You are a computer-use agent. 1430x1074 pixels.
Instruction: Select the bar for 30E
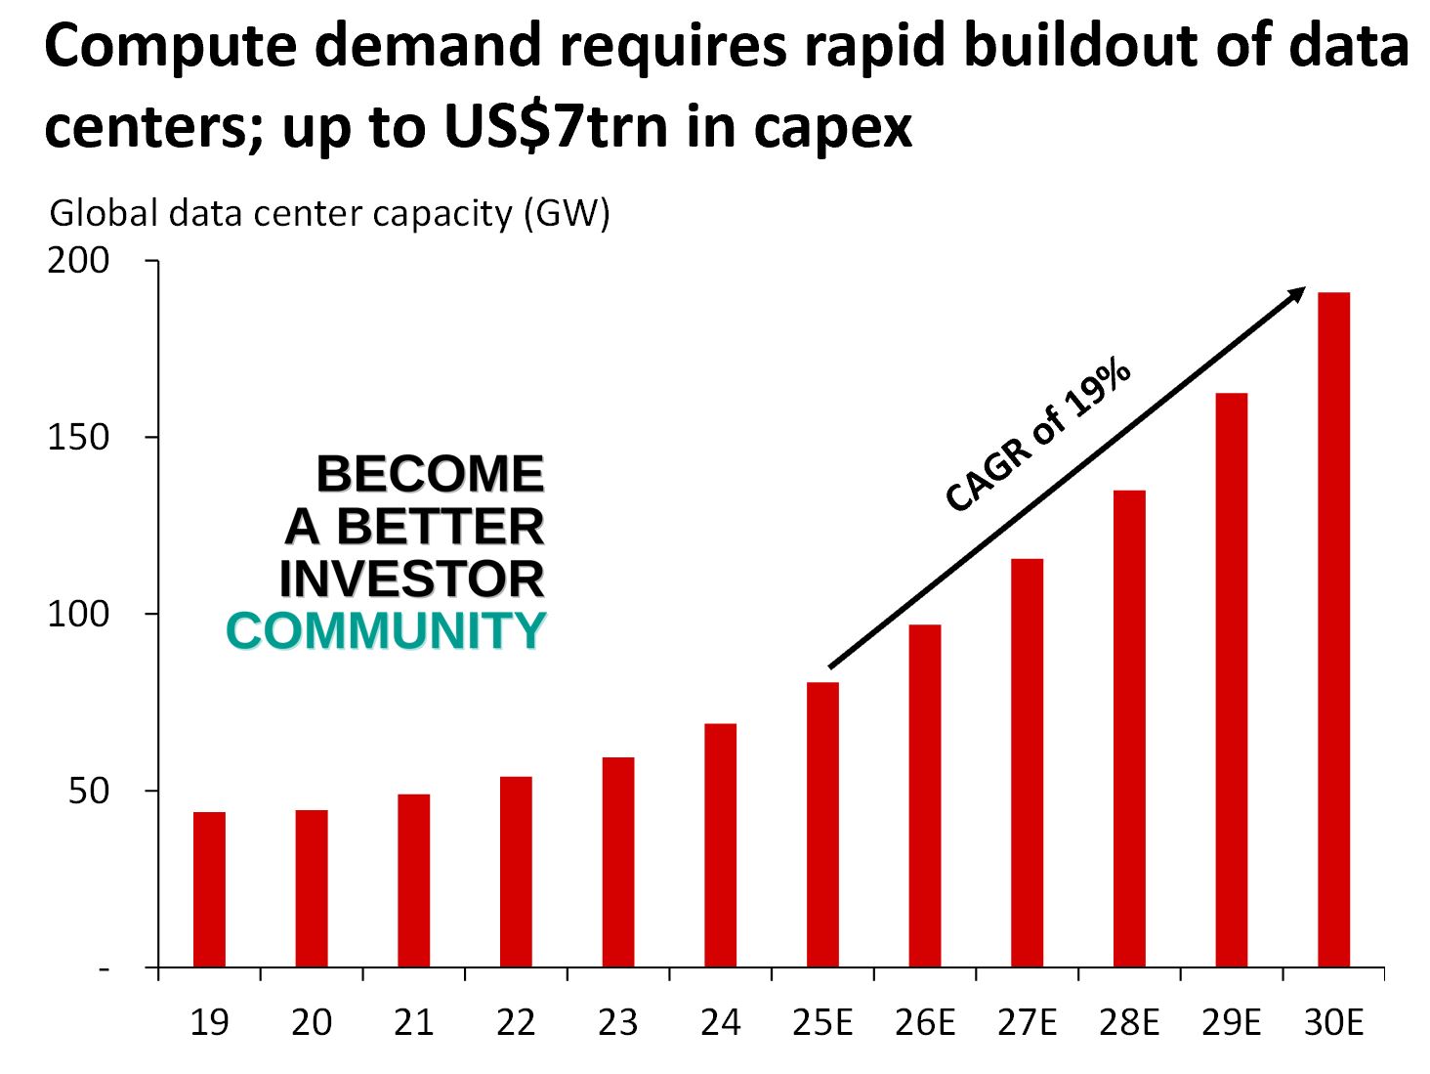click(1333, 629)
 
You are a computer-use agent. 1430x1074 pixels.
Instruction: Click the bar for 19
click(209, 889)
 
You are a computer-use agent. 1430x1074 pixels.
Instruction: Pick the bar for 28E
click(1129, 728)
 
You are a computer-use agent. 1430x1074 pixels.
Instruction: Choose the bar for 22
click(516, 872)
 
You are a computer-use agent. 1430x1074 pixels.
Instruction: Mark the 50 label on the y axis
click(89, 791)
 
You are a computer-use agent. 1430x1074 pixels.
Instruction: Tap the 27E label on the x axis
click(1027, 1022)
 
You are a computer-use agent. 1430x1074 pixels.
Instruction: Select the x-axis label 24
click(720, 1022)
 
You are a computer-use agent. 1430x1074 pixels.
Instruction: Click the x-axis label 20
click(312, 1022)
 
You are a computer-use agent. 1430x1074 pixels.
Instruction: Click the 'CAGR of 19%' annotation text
click(1037, 436)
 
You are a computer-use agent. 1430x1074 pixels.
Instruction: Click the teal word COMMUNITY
click(386, 630)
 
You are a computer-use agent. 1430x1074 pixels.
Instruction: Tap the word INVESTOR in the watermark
click(411, 579)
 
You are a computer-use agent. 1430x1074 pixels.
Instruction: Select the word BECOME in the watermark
click(430, 474)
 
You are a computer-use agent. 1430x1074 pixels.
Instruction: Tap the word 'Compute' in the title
click(170, 46)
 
